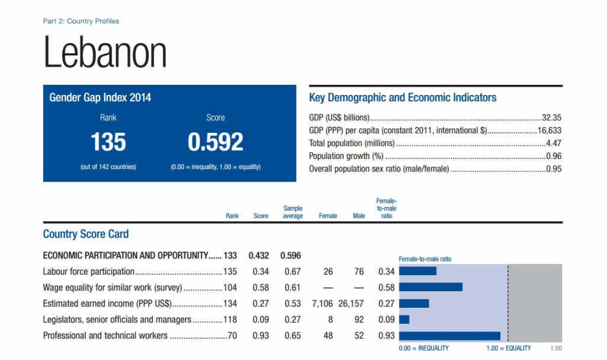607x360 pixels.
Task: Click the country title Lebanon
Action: [105, 53]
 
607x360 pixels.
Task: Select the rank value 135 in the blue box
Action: [108, 142]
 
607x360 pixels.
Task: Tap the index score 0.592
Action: [215, 142]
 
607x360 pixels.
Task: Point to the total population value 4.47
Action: [554, 143]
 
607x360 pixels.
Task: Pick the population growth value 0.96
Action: [554, 156]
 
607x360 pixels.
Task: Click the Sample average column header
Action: [293, 212]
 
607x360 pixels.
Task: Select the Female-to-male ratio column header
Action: [386, 209]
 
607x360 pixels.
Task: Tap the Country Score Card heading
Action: [86, 234]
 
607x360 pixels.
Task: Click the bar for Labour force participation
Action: [418, 272]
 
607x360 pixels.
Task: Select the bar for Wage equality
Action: [431, 288]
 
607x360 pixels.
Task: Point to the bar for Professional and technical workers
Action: [450, 336]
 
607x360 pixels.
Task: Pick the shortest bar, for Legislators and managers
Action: [404, 320]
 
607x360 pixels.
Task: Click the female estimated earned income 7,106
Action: [324, 304]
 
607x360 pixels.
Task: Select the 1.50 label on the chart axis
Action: [556, 348]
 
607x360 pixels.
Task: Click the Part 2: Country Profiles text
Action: [81, 21]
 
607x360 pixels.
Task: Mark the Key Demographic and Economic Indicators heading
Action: [403, 97]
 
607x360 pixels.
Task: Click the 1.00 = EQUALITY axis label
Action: [508, 348]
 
